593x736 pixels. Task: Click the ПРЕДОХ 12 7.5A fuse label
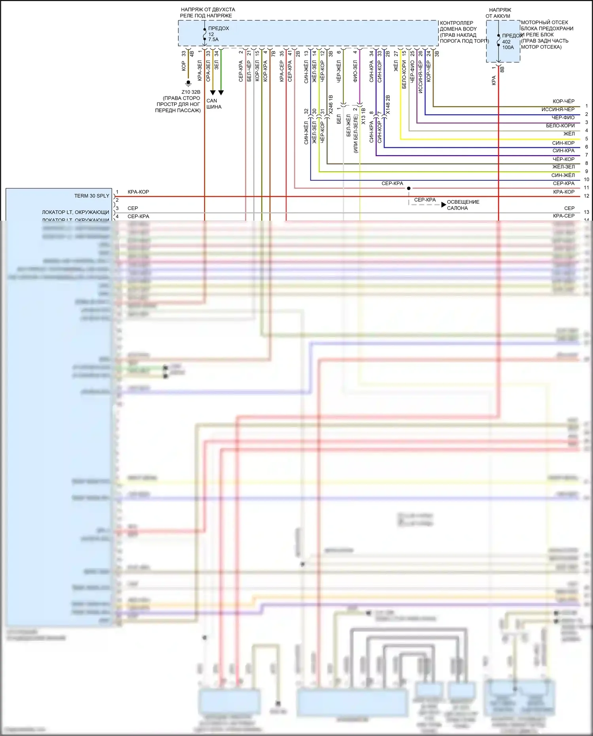point(218,34)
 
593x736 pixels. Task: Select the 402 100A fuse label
point(508,44)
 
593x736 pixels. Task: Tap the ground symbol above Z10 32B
point(189,83)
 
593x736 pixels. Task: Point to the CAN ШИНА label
point(213,104)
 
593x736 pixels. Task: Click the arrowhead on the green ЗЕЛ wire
point(221,93)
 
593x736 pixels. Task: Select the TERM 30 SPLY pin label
point(91,196)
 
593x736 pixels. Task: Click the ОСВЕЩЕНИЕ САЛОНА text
point(463,205)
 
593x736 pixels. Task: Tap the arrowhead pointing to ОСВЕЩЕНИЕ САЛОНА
point(444,205)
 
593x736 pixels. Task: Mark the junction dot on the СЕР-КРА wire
point(409,188)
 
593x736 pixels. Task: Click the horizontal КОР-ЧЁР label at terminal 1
point(563,101)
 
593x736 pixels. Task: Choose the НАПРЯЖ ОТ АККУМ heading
point(499,13)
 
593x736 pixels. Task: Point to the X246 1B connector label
point(331,105)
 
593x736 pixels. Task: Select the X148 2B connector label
point(388,105)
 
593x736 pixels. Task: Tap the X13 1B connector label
point(363,117)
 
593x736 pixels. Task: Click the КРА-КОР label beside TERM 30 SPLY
point(138,192)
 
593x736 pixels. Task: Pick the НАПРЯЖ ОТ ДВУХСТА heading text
point(208,13)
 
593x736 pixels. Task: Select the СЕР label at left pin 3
point(133,208)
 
